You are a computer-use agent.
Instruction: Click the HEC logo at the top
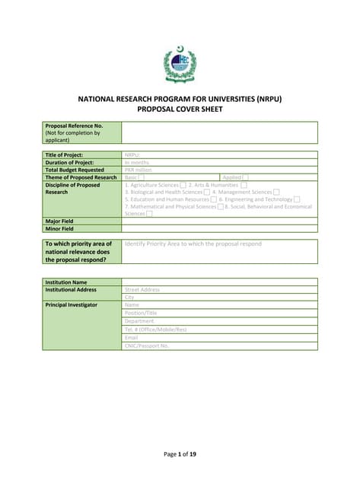click(x=180, y=65)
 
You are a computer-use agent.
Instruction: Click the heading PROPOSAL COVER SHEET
click(x=180, y=109)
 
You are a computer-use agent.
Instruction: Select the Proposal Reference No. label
click(x=74, y=126)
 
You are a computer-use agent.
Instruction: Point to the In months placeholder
click(x=137, y=162)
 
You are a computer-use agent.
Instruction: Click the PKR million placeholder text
click(x=139, y=170)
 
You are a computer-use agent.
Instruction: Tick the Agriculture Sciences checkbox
click(x=183, y=185)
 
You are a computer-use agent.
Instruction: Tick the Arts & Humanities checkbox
click(x=244, y=185)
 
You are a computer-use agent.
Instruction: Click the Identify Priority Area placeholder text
click(x=193, y=244)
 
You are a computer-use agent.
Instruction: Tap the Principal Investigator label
click(x=72, y=305)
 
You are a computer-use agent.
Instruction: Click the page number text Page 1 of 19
click(x=180, y=454)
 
